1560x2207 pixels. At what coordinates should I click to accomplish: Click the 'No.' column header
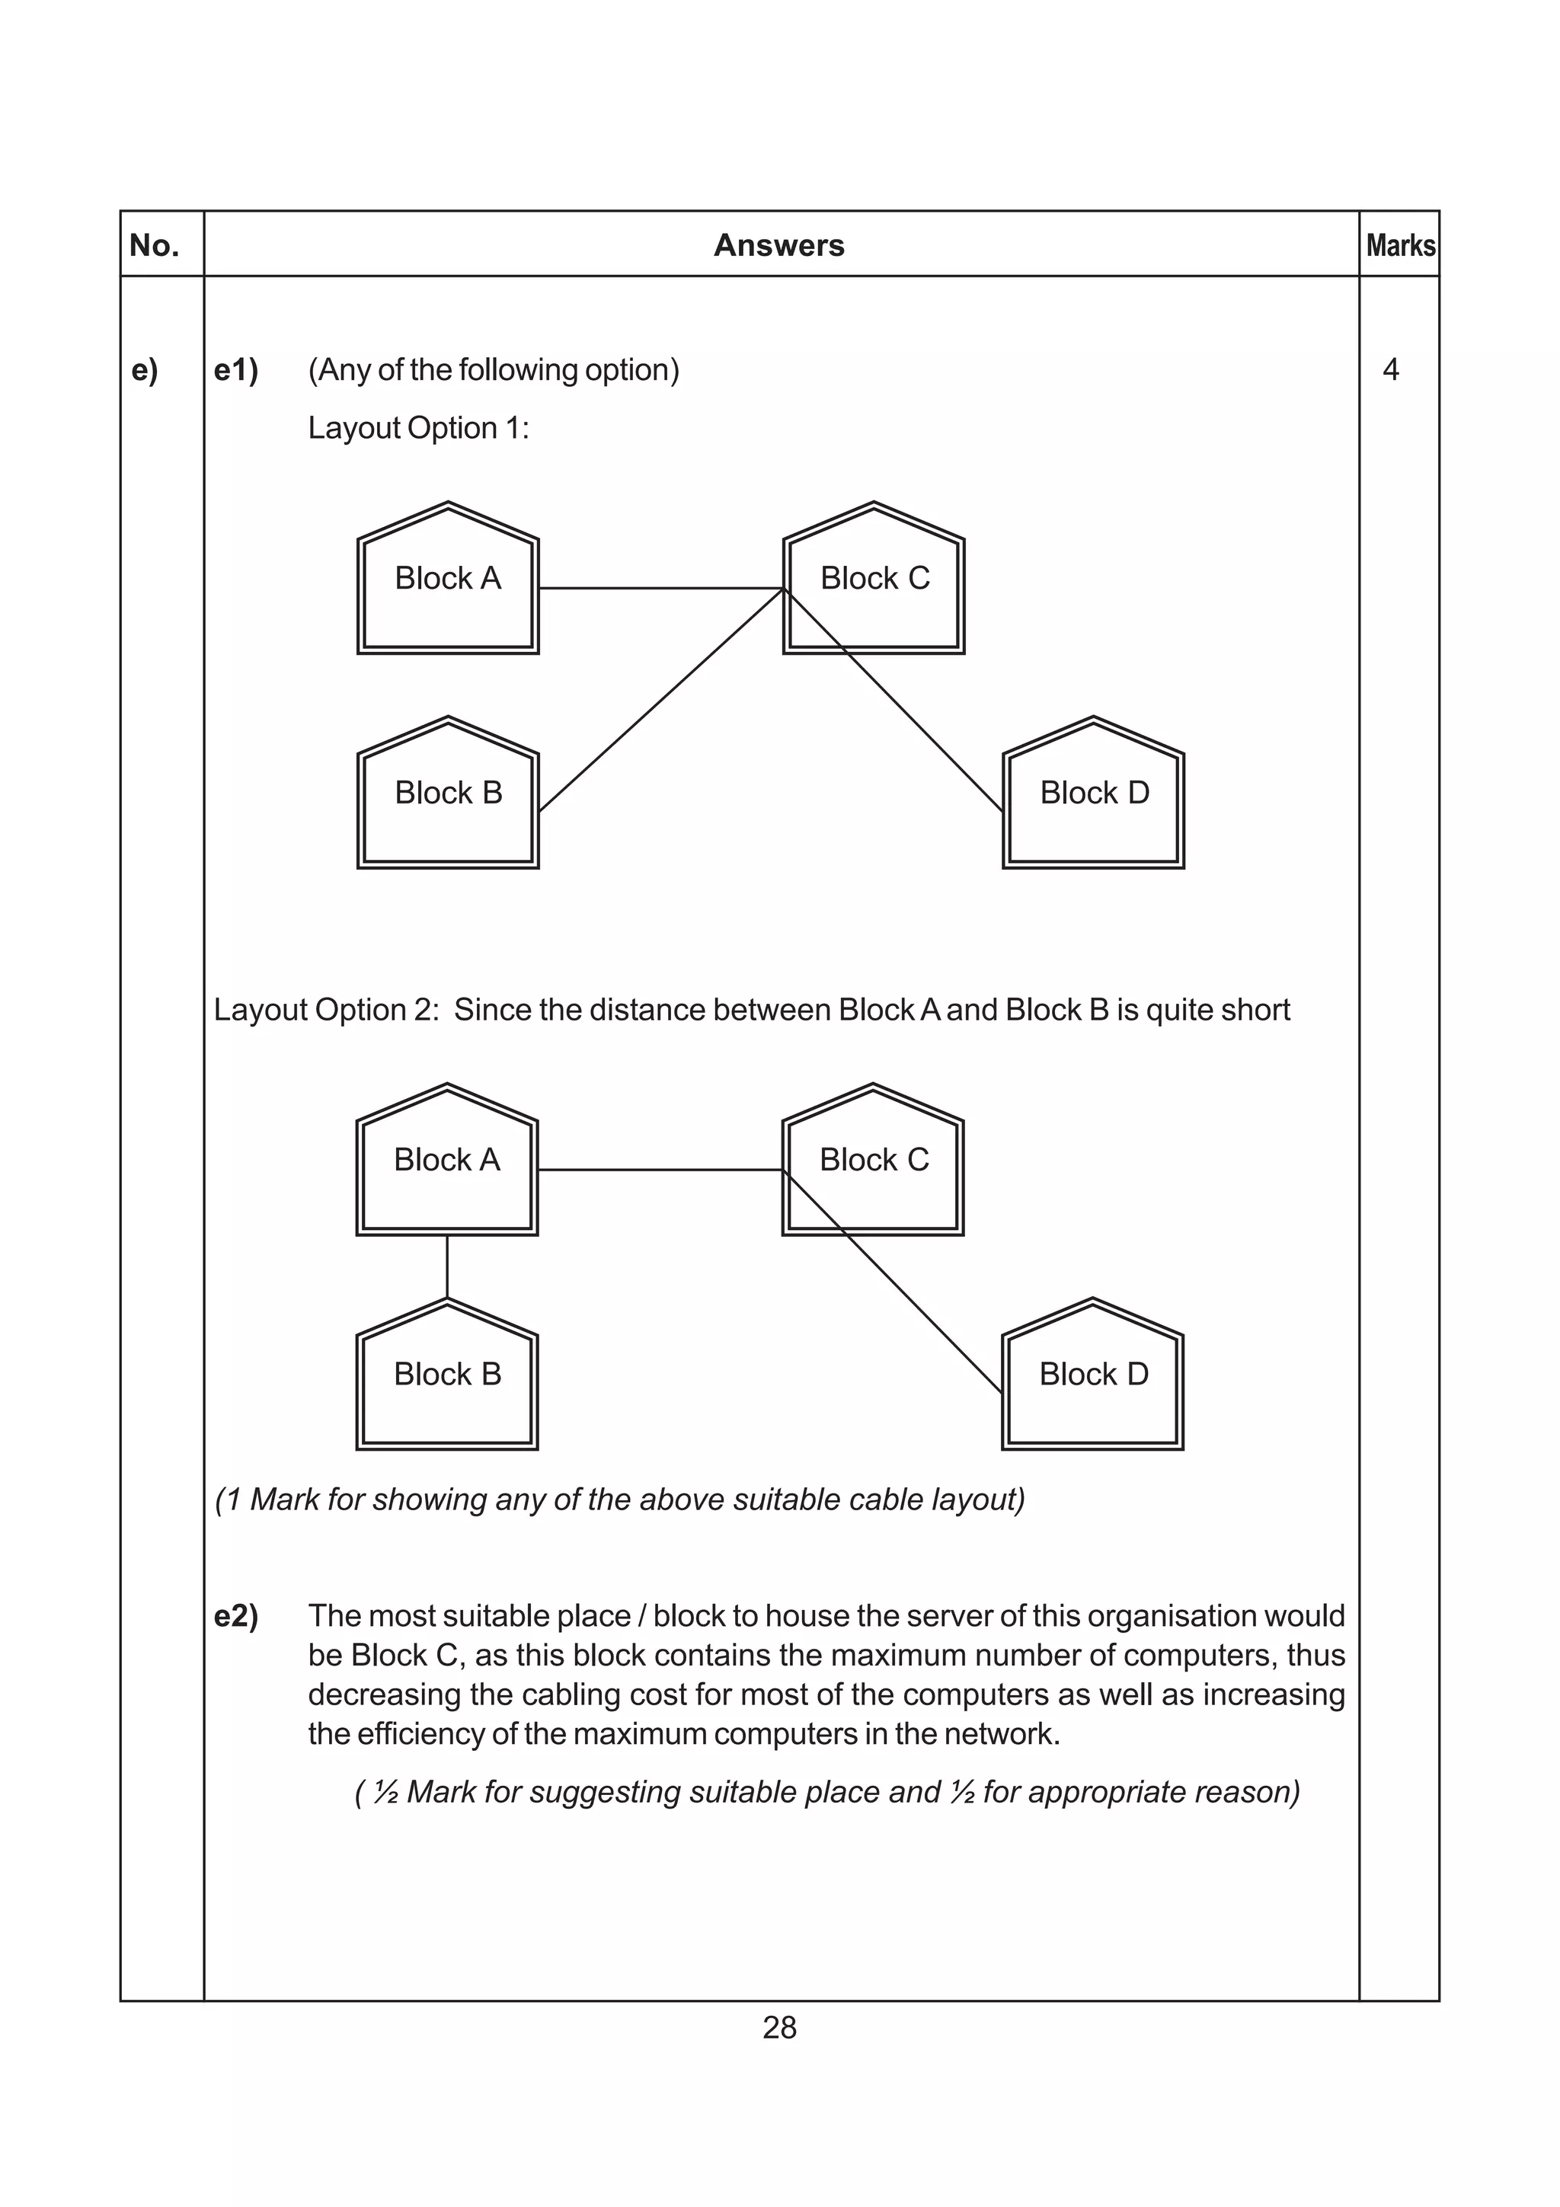pyautogui.click(x=154, y=246)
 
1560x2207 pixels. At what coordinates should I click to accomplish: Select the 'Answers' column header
pyautogui.click(x=778, y=245)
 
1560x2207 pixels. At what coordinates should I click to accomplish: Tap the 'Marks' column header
pyautogui.click(x=1399, y=246)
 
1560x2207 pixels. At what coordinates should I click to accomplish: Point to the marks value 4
pyautogui.click(x=1390, y=370)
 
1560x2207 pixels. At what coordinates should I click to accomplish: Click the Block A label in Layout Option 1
pyautogui.click(x=448, y=579)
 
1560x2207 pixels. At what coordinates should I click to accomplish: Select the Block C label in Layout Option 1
pyautogui.click(x=874, y=579)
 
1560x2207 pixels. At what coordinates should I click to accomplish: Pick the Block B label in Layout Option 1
pyautogui.click(x=448, y=793)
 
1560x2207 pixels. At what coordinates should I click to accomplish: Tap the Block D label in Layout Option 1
pyautogui.click(x=1094, y=793)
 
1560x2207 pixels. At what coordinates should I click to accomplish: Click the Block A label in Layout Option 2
pyautogui.click(x=447, y=1160)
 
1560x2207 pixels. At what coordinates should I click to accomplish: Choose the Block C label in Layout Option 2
pyautogui.click(x=874, y=1160)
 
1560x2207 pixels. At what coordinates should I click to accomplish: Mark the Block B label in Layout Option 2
pyautogui.click(x=447, y=1375)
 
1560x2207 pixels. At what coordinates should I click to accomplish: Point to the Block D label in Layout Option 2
pyautogui.click(x=1093, y=1375)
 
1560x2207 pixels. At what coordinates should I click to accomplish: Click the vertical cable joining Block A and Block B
pyautogui.click(x=447, y=1267)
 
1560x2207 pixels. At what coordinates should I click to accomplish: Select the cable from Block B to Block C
pyautogui.click(x=661, y=701)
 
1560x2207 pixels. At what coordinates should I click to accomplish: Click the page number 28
pyautogui.click(x=778, y=2028)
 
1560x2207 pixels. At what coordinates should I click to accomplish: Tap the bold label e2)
pyautogui.click(x=235, y=1617)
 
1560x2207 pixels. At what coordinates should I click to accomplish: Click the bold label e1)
pyautogui.click(x=235, y=370)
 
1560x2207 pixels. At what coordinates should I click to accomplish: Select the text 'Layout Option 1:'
pyautogui.click(x=418, y=429)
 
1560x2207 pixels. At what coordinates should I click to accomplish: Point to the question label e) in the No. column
pyautogui.click(x=144, y=370)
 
